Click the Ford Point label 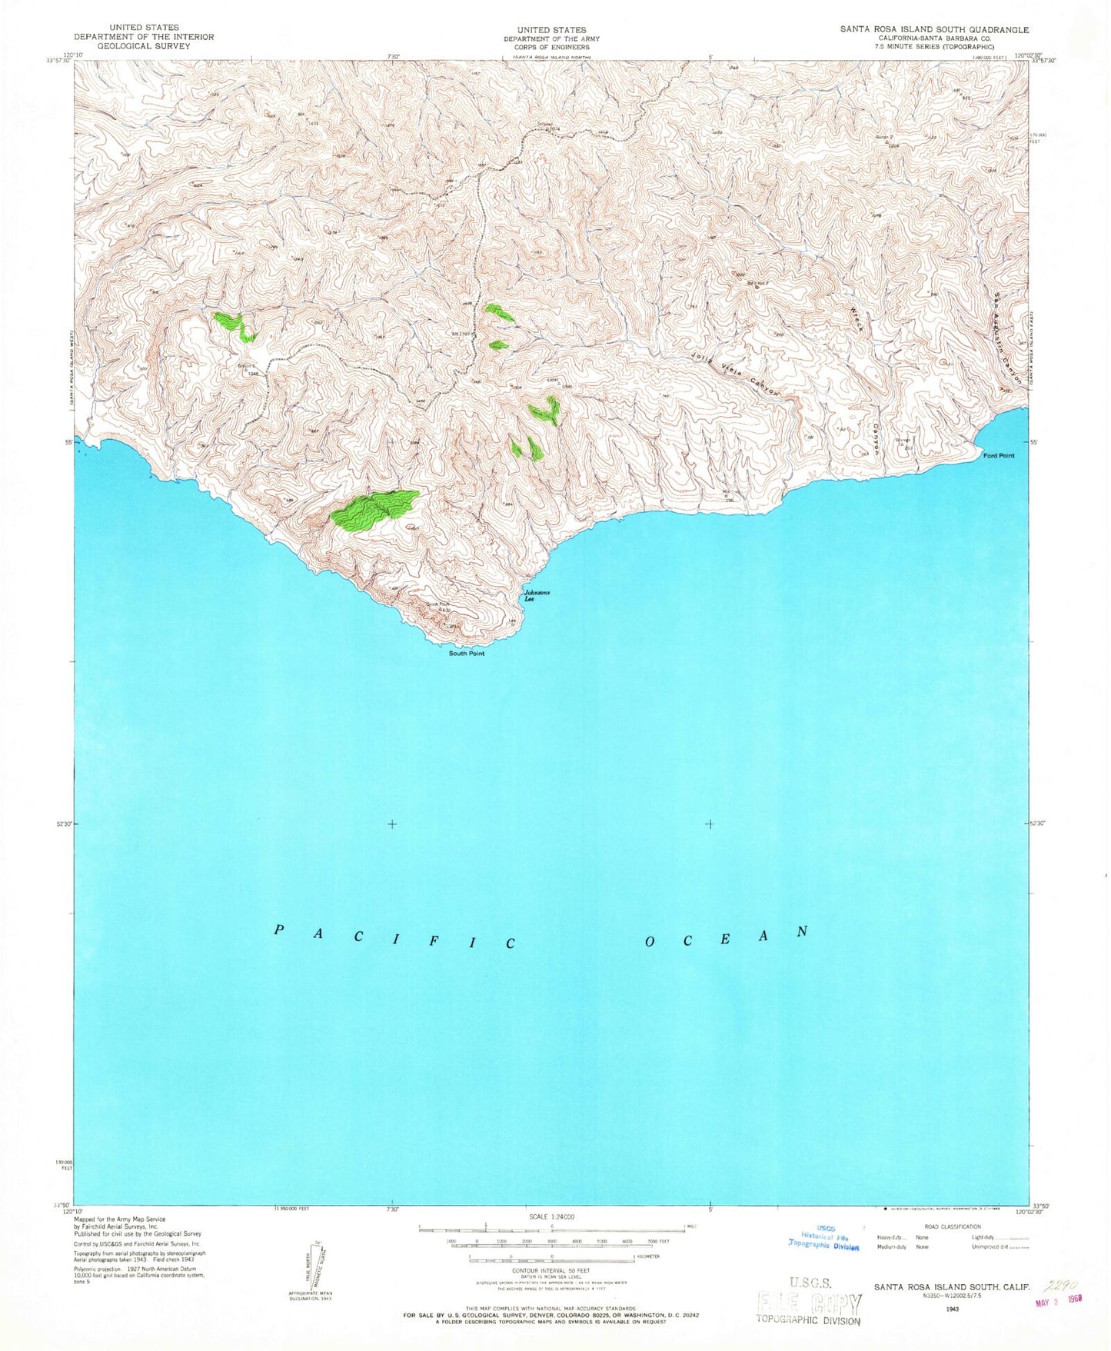(x=999, y=456)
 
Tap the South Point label (x=467, y=654)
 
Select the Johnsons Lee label (x=537, y=595)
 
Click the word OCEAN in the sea (x=726, y=936)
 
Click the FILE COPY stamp (x=809, y=1303)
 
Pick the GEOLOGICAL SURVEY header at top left (x=144, y=46)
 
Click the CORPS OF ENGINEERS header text (x=551, y=47)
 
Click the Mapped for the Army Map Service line (x=119, y=1220)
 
